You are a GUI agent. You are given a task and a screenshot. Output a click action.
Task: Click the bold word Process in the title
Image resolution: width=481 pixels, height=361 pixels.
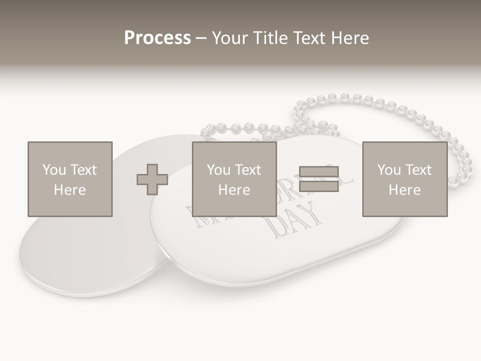coord(157,38)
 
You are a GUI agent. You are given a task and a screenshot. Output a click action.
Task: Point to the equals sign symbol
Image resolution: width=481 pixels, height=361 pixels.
coord(319,179)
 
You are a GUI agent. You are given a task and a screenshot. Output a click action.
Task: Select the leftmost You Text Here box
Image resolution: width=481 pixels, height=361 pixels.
coord(70,179)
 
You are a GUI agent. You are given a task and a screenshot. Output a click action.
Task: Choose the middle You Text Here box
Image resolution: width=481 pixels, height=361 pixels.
coord(234,179)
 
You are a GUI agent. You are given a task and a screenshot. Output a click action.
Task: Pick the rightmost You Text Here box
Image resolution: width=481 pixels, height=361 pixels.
coord(404,179)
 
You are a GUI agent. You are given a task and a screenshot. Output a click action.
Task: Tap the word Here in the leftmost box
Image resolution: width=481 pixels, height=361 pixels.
coord(70,190)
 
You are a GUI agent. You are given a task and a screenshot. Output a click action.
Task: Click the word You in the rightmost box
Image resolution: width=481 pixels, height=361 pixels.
coord(389,170)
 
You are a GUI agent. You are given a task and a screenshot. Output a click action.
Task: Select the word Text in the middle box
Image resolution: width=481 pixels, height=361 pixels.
coord(248,170)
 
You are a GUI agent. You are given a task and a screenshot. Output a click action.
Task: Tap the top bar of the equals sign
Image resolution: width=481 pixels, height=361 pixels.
coord(319,172)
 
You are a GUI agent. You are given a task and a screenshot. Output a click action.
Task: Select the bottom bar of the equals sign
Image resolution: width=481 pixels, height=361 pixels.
coord(319,186)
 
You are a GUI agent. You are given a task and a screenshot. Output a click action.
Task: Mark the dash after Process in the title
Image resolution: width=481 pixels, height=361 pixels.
coord(201,38)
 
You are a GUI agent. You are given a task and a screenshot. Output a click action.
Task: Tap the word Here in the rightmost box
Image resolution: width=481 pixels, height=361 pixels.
coord(404,190)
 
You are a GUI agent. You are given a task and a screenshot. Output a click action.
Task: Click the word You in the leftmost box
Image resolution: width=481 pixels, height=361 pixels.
coord(54,170)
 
